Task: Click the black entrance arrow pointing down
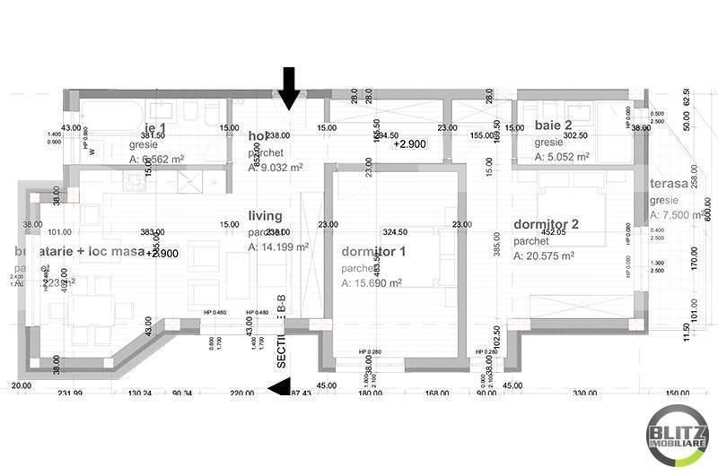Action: (x=288, y=86)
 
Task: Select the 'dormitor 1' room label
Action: (x=373, y=252)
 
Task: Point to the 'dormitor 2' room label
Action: (x=547, y=225)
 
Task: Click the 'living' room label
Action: (x=266, y=216)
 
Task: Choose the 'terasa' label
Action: (x=670, y=184)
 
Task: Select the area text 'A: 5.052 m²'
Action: (x=562, y=157)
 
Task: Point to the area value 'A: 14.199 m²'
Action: (x=278, y=247)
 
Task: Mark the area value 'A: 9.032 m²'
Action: (x=276, y=167)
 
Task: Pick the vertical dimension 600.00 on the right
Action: (x=707, y=208)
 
